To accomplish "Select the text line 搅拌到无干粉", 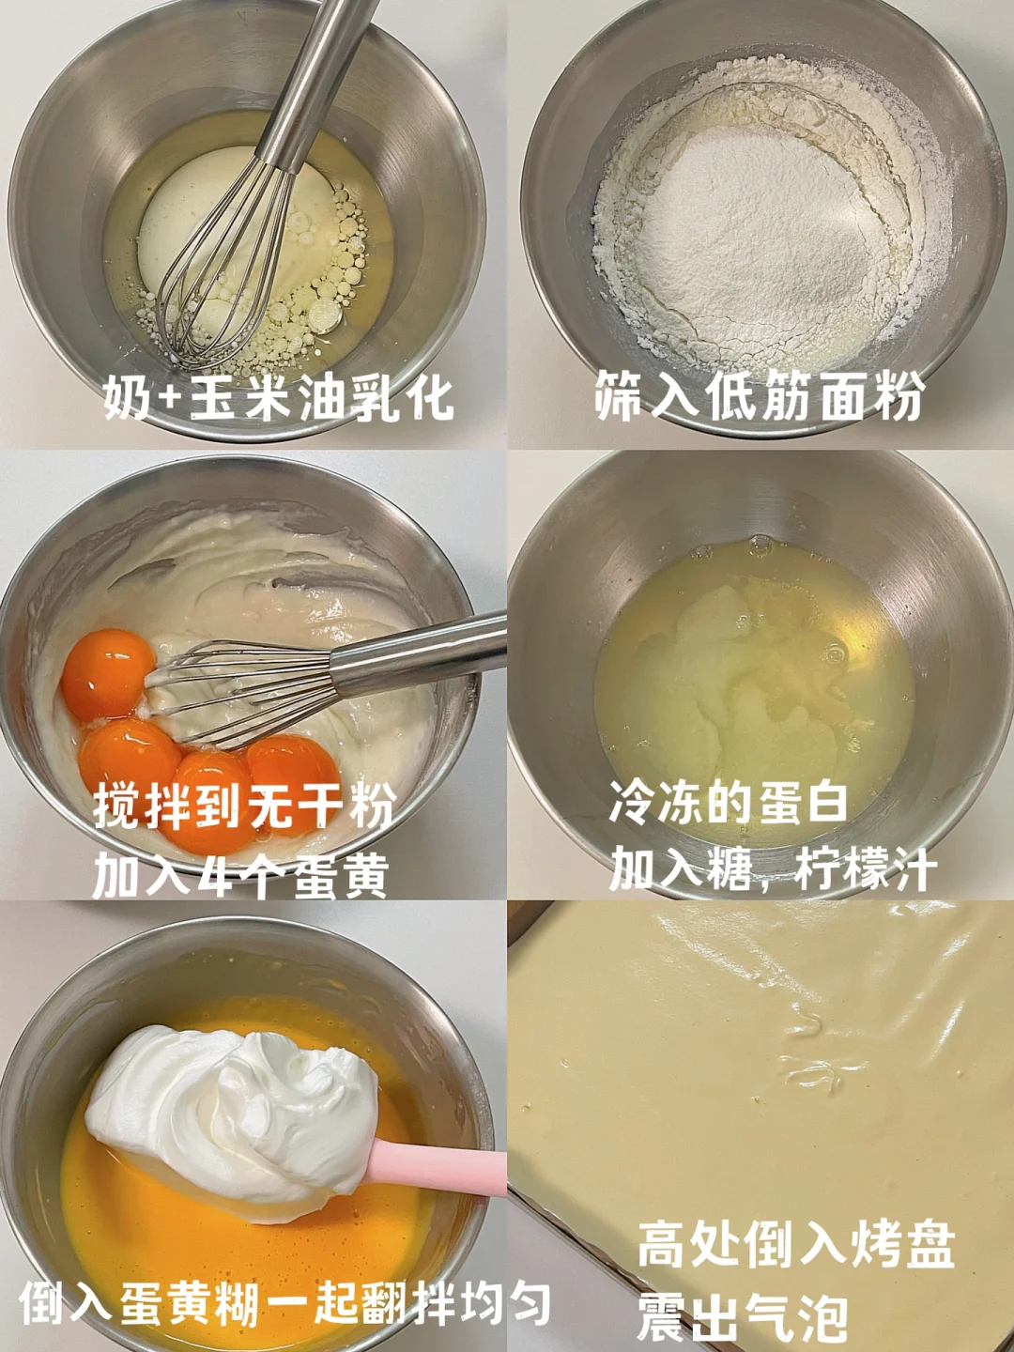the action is [243, 806].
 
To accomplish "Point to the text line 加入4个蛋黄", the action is [240, 874].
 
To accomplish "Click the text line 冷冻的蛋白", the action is [729, 801].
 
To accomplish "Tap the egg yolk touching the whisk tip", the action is [108, 674].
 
